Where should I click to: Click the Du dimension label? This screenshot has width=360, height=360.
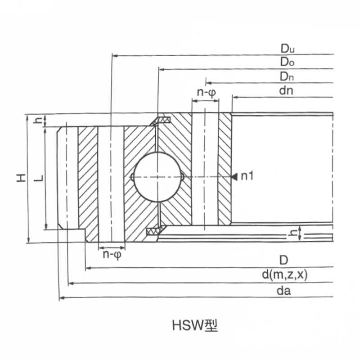click(x=288, y=49)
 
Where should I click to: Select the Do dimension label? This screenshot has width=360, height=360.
click(x=287, y=62)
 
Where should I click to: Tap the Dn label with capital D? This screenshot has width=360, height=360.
click(x=287, y=76)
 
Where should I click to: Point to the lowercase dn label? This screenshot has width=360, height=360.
click(x=286, y=91)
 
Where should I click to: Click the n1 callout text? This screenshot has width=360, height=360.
click(x=247, y=176)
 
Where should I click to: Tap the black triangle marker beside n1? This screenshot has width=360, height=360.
click(x=234, y=176)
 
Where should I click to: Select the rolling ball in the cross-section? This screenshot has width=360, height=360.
click(x=157, y=177)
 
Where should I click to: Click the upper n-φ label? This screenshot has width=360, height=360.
click(x=207, y=93)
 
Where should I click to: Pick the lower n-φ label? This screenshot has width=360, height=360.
click(x=112, y=255)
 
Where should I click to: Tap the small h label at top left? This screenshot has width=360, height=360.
click(x=38, y=120)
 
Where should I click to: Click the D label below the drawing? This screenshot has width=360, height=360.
click(x=284, y=260)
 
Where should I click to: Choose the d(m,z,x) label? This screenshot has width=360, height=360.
click(x=284, y=274)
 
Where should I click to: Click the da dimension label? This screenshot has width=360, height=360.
click(x=284, y=291)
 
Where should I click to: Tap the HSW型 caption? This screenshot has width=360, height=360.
click(x=195, y=325)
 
